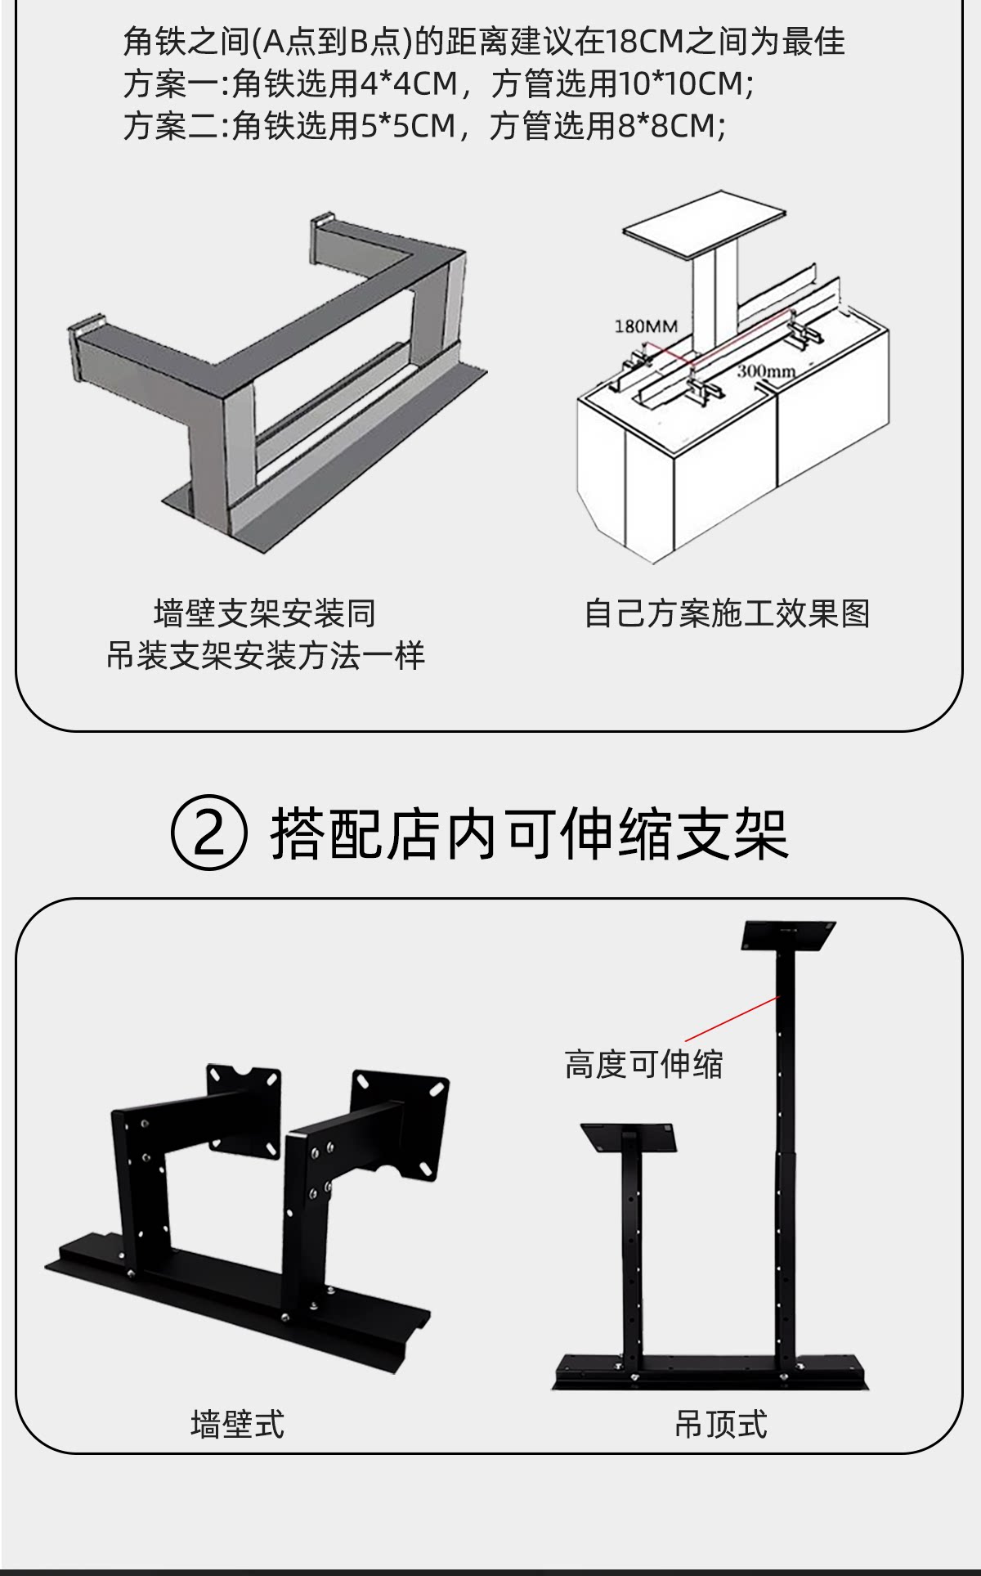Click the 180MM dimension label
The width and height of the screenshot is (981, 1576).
click(x=646, y=326)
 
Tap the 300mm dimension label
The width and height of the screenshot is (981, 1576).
click(x=765, y=370)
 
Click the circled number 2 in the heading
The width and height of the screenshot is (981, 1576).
click(x=208, y=835)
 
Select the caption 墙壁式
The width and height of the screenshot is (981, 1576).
click(x=237, y=1424)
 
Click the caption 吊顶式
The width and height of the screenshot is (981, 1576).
click(x=720, y=1424)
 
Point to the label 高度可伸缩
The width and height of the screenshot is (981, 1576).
click(x=643, y=1064)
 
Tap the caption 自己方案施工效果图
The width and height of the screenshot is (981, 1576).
click(x=727, y=613)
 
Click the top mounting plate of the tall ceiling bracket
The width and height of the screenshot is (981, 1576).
click(x=788, y=936)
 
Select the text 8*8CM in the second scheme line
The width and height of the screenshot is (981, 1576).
click(x=668, y=126)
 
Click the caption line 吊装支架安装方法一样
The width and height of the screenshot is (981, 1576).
click(x=266, y=656)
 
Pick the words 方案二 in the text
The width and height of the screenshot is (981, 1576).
click(x=170, y=126)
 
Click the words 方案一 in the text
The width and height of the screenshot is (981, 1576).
click(x=170, y=83)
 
